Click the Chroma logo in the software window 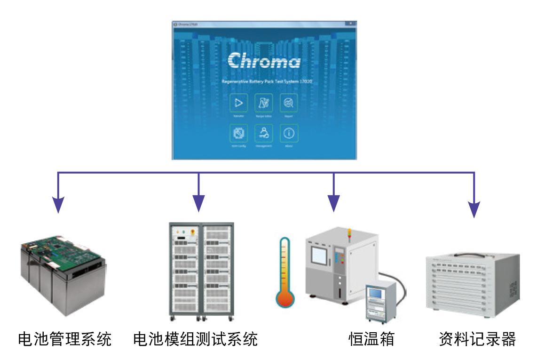pyautogui.click(x=264, y=61)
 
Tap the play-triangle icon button pyautogui.click(x=239, y=103)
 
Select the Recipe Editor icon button pyautogui.click(x=264, y=103)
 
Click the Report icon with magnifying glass pyautogui.click(x=289, y=103)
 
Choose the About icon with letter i pyautogui.click(x=289, y=133)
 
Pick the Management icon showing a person pyautogui.click(x=264, y=133)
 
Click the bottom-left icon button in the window pyautogui.click(x=239, y=133)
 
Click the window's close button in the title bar pyautogui.click(x=350, y=23)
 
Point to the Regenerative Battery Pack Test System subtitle pyautogui.click(x=267, y=82)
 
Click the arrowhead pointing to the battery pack pyautogui.click(x=58, y=205)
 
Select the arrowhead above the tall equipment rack pyautogui.click(x=199, y=204)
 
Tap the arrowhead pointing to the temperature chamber pyautogui.click(x=333, y=204)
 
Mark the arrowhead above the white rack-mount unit pyautogui.click(x=474, y=210)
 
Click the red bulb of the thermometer pyautogui.click(x=285, y=298)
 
